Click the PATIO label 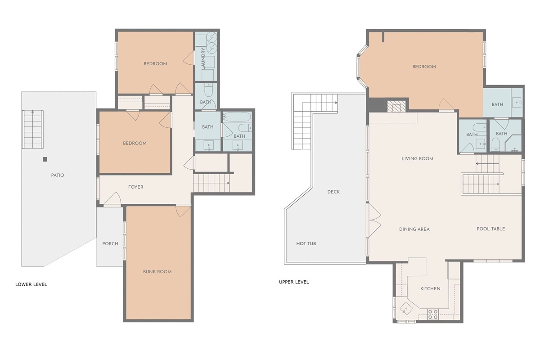tap(58, 175)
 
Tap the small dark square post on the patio tap(45, 159)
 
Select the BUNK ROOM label tap(157, 271)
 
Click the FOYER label tap(136, 187)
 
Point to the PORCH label tap(110, 243)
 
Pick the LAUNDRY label tap(203, 58)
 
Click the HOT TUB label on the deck tap(306, 243)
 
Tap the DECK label tap(333, 192)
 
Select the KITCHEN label tap(430, 288)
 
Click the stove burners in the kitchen tap(433, 315)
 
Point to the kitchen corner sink tap(406, 309)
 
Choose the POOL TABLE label tap(491, 229)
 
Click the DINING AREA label tap(414, 229)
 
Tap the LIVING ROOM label tap(418, 159)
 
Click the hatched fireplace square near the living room tap(396, 106)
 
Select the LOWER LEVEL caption tap(31, 284)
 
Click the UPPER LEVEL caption tap(294, 282)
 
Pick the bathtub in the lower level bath tap(237, 117)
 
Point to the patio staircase tap(33, 130)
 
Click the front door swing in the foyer tap(112, 199)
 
